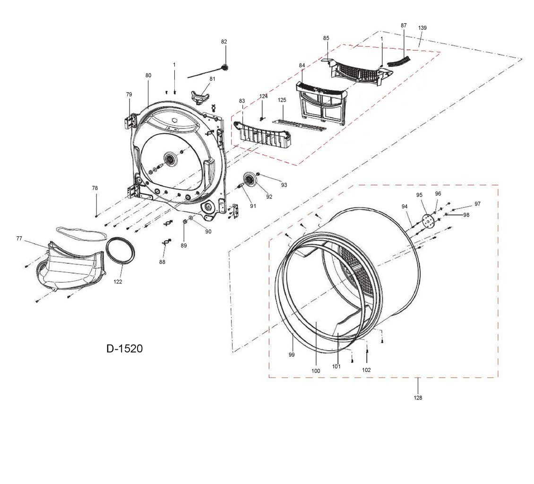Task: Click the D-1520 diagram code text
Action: (124, 349)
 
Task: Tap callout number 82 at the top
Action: (224, 42)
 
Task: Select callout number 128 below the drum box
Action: (418, 398)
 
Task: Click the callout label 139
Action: (422, 28)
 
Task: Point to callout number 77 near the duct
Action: (19, 239)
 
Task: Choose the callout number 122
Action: (118, 282)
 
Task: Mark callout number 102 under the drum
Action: (366, 370)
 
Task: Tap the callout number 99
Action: (292, 354)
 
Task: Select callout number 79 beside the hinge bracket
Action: (129, 95)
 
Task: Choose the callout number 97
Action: (478, 204)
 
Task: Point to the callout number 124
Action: (263, 96)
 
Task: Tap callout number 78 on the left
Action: (95, 188)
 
